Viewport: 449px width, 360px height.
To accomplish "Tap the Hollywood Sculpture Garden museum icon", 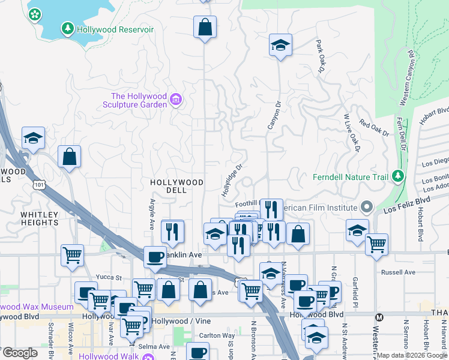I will [176, 100].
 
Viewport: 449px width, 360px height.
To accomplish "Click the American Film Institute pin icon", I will [367, 208].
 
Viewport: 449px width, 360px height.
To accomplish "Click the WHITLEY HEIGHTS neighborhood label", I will [39, 218].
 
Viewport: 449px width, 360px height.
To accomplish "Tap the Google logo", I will [19, 353].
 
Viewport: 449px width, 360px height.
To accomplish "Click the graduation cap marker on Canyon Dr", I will [280, 46].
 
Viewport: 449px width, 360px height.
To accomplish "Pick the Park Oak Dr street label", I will [319, 56].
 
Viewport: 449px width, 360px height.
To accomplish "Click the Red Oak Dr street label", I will [374, 128].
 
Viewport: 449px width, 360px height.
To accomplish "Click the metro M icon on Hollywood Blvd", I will [379, 317].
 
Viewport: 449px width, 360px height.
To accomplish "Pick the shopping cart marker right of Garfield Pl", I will [376, 244].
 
